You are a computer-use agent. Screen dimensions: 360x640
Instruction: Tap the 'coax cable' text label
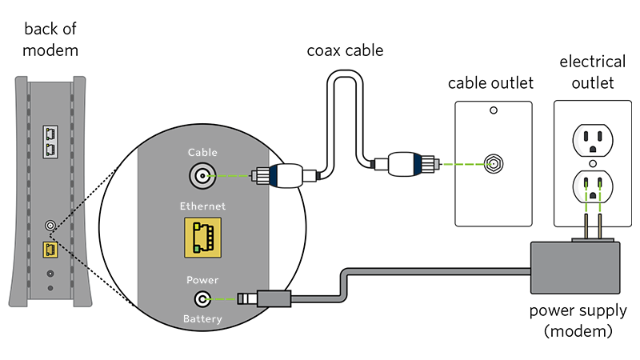346,51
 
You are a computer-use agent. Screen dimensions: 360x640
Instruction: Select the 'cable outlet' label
490,83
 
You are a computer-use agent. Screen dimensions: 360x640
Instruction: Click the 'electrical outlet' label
592,72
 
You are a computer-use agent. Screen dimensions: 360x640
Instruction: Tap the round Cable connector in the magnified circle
202,174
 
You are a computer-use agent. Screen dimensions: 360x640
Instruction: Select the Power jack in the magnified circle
202,299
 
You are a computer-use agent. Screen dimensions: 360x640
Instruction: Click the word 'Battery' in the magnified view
202,321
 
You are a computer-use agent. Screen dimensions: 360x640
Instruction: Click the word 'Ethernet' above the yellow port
202,206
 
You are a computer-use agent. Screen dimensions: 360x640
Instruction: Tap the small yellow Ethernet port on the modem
50,249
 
